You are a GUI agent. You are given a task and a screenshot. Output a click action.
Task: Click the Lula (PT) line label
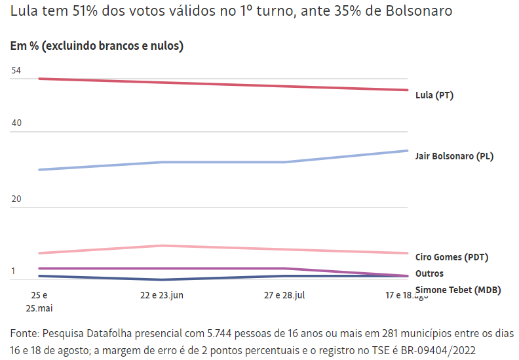click(x=434, y=95)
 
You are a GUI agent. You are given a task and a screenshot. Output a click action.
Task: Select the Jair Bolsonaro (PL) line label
click(x=455, y=156)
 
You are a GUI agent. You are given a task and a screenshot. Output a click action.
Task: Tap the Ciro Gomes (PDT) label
click(x=452, y=257)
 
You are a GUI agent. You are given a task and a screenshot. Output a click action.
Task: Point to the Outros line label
click(x=430, y=273)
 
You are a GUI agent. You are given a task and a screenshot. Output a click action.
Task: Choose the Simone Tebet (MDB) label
click(x=456, y=290)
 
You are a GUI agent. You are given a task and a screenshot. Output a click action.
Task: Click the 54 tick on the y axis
click(x=16, y=70)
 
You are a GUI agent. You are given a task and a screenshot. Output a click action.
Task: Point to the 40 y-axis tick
click(x=16, y=123)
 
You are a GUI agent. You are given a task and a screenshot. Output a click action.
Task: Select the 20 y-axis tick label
click(x=16, y=199)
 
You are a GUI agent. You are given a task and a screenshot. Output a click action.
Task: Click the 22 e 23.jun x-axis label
click(x=161, y=295)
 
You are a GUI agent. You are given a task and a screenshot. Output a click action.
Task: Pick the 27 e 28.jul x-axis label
click(x=284, y=295)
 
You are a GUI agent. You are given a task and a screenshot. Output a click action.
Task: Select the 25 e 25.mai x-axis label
click(x=39, y=302)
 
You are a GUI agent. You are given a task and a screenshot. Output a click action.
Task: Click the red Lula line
click(x=223, y=84)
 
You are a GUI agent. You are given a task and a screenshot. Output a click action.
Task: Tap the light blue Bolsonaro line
click(x=223, y=162)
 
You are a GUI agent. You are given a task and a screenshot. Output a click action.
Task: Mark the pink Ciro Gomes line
click(x=223, y=247)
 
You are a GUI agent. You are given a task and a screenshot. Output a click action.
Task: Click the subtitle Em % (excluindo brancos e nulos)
click(x=97, y=46)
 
